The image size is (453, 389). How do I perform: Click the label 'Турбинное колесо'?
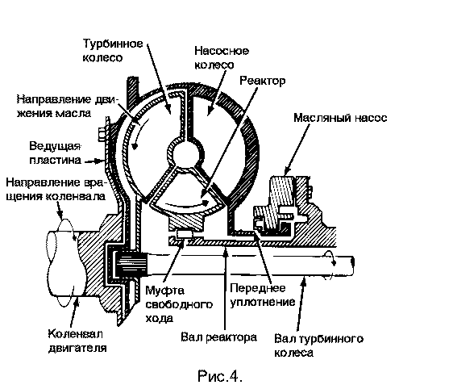(113, 51)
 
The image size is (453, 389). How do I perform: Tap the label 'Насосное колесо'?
(222, 57)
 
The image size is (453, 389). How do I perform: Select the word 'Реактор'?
(262, 81)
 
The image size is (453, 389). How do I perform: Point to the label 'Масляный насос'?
(340, 118)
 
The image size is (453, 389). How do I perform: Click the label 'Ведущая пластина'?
(55, 153)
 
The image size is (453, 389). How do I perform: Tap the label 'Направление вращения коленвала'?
(56, 190)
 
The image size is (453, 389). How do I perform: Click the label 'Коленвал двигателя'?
(77, 341)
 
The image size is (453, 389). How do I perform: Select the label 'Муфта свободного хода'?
(179, 304)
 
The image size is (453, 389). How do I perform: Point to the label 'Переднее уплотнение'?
(262, 295)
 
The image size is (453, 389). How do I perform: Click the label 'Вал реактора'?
(218, 337)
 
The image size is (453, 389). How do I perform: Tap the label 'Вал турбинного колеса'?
(318, 345)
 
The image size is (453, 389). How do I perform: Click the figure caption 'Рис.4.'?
(220, 376)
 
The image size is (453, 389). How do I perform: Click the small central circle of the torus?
(185, 153)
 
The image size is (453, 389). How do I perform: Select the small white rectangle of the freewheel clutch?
(184, 233)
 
